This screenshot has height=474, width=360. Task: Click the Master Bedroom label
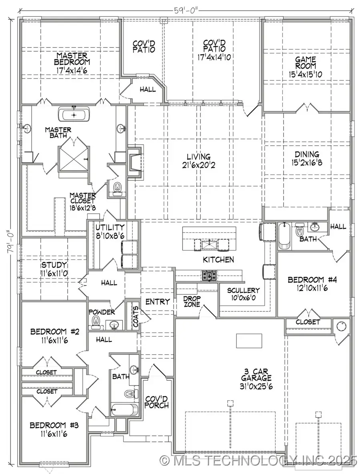(72, 58)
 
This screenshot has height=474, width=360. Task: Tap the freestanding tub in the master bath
(74, 115)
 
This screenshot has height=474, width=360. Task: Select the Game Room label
(306, 62)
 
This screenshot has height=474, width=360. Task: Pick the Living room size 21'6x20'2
(198, 164)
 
